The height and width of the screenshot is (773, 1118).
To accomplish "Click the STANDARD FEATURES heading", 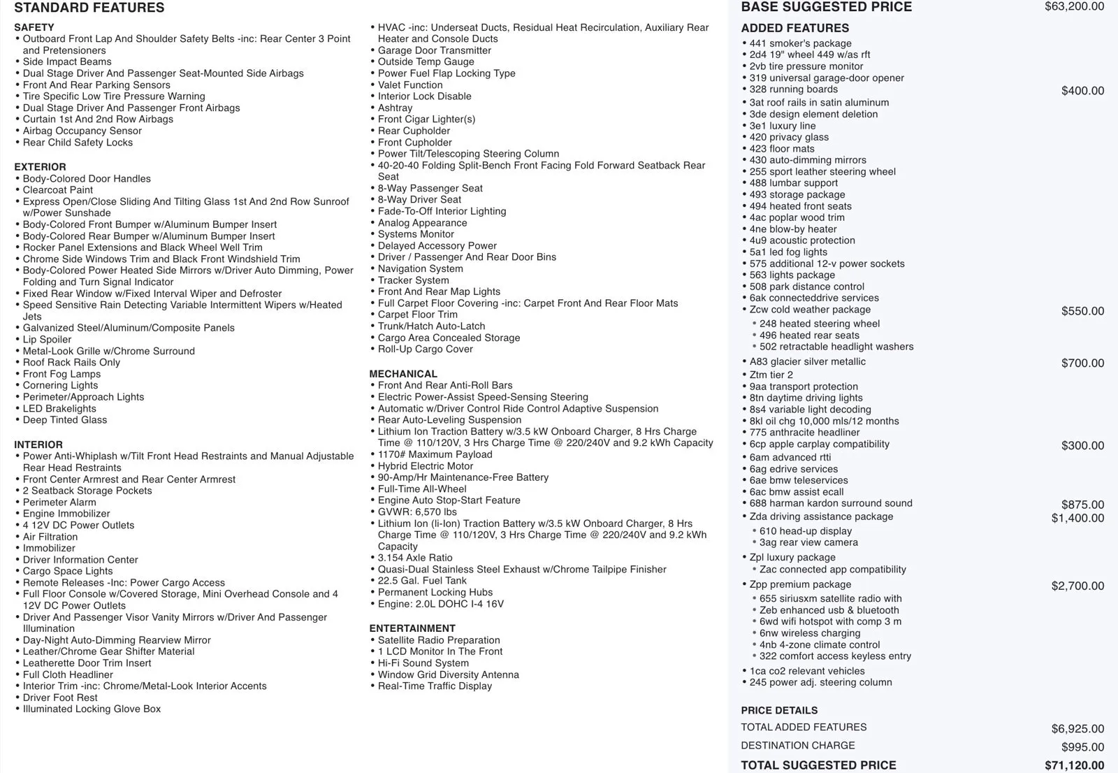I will tap(89, 8).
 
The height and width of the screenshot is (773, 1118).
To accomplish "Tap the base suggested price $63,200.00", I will tap(1074, 7).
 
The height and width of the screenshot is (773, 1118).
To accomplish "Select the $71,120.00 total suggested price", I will tap(1074, 765).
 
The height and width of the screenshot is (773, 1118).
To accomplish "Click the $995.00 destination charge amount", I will tap(1082, 747).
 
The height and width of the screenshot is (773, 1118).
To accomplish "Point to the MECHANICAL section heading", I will tap(403, 374).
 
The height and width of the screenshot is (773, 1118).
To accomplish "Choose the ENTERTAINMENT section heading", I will tap(412, 628).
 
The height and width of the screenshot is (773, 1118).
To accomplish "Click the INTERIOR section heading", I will tap(38, 445).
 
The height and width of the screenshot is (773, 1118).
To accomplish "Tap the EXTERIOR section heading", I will tap(40, 167).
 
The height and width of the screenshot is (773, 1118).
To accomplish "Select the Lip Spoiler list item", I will tap(47, 340).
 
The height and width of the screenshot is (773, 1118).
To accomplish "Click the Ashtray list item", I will tap(395, 108).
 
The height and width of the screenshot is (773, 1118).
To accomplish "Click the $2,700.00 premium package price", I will tap(1077, 586).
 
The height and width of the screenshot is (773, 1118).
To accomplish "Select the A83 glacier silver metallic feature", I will tap(807, 362).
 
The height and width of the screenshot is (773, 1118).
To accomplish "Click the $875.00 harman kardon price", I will tap(1082, 505).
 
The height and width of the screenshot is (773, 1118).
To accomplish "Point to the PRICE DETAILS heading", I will tap(779, 710).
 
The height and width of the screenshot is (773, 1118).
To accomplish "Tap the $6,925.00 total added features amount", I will tap(1077, 729).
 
